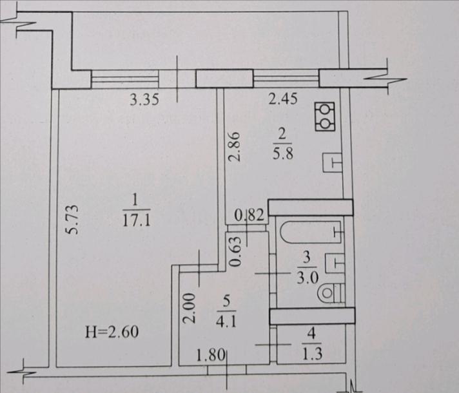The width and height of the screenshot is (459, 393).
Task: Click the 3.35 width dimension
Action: (x=144, y=100)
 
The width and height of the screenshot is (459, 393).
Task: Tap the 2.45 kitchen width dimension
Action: (x=283, y=99)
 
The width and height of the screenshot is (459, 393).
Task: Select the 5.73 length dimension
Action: (x=72, y=220)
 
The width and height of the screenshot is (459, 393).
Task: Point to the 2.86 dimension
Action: (x=235, y=147)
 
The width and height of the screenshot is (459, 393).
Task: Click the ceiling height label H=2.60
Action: (x=112, y=332)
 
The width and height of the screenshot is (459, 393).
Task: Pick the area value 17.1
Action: (x=137, y=220)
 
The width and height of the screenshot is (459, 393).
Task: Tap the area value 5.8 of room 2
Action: (x=283, y=153)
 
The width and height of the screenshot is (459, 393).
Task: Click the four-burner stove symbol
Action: (x=325, y=117)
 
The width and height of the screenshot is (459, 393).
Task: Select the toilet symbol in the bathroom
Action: (x=331, y=293)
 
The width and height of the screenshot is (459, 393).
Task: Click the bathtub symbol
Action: (x=311, y=232)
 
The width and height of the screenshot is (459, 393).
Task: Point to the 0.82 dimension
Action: (x=249, y=215)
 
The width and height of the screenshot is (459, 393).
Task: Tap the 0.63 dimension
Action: (x=235, y=251)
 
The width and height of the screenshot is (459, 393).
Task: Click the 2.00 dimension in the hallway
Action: (x=189, y=308)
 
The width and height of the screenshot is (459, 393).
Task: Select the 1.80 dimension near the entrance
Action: (x=211, y=356)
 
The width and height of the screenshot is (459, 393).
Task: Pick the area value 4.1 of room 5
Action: (x=226, y=321)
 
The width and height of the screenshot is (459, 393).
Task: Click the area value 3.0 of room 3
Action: (x=308, y=278)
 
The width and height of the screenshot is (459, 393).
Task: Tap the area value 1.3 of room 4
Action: (x=313, y=354)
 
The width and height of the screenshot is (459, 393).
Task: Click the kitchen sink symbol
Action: (x=332, y=162)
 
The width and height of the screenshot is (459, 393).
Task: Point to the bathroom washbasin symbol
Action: (x=335, y=263)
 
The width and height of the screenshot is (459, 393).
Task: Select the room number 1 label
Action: (x=135, y=201)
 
